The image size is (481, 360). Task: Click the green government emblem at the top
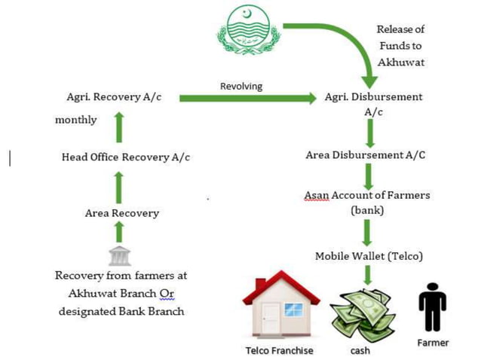coord(249,32)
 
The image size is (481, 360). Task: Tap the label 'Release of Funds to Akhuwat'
coord(400,45)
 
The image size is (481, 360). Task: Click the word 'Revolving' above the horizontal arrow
coord(241,86)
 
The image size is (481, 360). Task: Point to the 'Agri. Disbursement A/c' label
coord(373,104)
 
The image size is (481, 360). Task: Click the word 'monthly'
coord(76,120)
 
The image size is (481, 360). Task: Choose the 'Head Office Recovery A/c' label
coord(125,157)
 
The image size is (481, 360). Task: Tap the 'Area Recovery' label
coord(122,213)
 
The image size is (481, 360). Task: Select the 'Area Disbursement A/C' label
coord(366,155)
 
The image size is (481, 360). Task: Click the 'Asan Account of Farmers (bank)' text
coord(367,203)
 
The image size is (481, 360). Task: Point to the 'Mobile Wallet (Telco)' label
coord(369,256)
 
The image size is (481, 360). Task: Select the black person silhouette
coord(432,307)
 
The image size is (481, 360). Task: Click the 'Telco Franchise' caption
coord(279,350)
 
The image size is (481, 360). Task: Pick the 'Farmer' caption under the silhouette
coord(433,343)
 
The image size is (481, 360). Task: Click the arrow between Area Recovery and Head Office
coord(118,186)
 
